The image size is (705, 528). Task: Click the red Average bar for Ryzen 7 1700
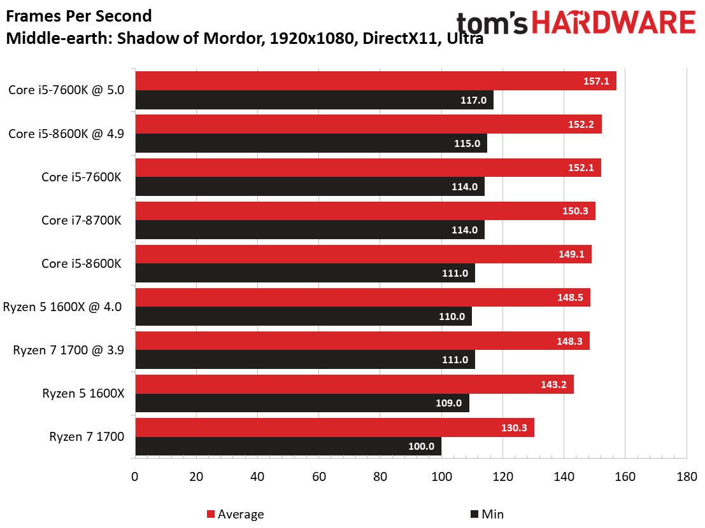334,427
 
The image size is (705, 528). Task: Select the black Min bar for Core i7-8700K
310,230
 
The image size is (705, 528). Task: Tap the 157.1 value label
596,81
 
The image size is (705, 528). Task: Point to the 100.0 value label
422,447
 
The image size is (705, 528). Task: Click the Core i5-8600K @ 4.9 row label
66,134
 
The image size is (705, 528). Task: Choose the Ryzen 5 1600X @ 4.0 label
62,307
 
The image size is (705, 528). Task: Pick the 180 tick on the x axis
687,476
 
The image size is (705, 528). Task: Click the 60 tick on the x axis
319,476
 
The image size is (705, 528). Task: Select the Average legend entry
235,514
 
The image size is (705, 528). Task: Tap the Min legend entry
487,514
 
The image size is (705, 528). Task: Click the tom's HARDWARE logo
576,22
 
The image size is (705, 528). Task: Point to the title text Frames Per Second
79,16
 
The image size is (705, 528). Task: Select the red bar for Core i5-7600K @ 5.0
376,81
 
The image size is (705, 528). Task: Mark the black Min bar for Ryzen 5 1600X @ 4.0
304,316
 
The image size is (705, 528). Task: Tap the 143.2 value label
553,384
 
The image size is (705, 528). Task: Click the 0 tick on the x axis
135,476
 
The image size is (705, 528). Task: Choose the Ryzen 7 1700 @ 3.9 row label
68,351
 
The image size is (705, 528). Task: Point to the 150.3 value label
575,211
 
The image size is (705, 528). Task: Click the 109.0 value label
449,403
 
